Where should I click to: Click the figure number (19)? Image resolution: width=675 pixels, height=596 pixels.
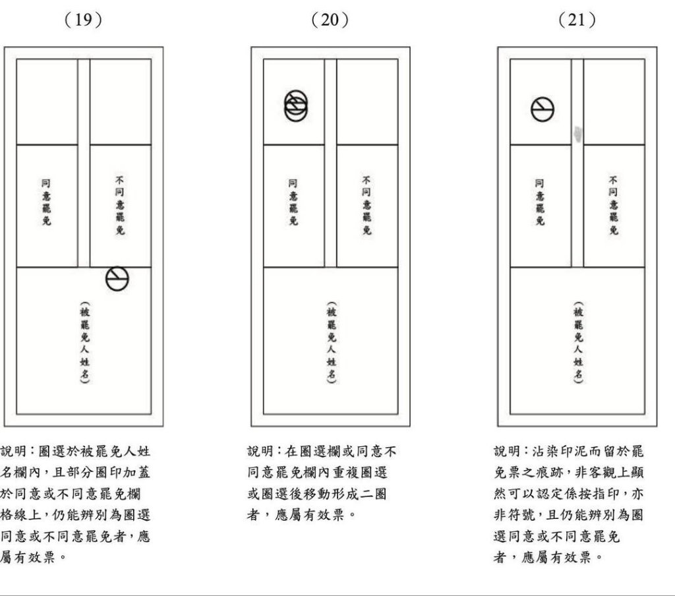pos(83,20)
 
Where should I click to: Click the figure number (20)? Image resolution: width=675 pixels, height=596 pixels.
pos(330,20)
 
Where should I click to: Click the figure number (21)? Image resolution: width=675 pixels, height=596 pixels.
pos(577,20)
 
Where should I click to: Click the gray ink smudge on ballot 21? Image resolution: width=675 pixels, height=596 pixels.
pos(578,133)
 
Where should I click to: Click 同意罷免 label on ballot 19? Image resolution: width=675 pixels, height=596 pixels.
pos(46,202)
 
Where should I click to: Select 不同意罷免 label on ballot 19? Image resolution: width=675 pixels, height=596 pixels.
pos(120,205)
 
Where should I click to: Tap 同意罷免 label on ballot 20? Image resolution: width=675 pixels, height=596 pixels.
pos(293,202)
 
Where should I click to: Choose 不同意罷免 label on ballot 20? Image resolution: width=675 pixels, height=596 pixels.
pos(367,205)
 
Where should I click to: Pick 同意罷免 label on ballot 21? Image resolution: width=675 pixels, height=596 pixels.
pos(540,202)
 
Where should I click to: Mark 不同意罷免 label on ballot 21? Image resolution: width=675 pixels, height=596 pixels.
pos(614,205)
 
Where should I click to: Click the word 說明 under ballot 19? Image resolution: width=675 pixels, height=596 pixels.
pos(14,452)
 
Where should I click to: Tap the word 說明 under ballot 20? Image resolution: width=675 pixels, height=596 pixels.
pos(260,452)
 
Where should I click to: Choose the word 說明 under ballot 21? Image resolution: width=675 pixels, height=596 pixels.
pos(507,452)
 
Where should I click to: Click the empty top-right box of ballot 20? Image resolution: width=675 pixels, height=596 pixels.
pos(367,102)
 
